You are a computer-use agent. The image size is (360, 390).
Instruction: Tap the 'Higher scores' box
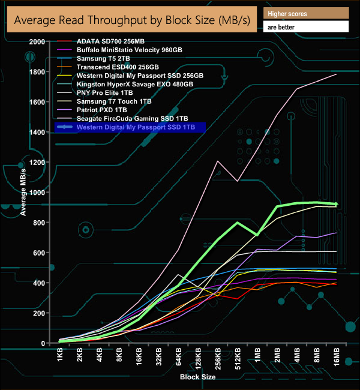point(305,13)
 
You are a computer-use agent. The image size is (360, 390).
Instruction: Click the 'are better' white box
point(305,27)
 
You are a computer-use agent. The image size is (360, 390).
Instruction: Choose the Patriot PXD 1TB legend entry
point(102,110)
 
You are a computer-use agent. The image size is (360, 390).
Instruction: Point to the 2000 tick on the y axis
point(37,41)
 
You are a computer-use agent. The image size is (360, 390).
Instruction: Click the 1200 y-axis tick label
point(37,162)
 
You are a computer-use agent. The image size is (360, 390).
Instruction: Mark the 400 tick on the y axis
point(39,283)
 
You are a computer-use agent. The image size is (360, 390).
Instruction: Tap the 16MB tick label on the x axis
point(335,359)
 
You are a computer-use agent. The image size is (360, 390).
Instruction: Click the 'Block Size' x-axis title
point(197,377)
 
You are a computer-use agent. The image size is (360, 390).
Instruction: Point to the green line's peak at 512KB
point(238,222)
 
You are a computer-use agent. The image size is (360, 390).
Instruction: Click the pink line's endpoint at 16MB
point(336,74)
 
